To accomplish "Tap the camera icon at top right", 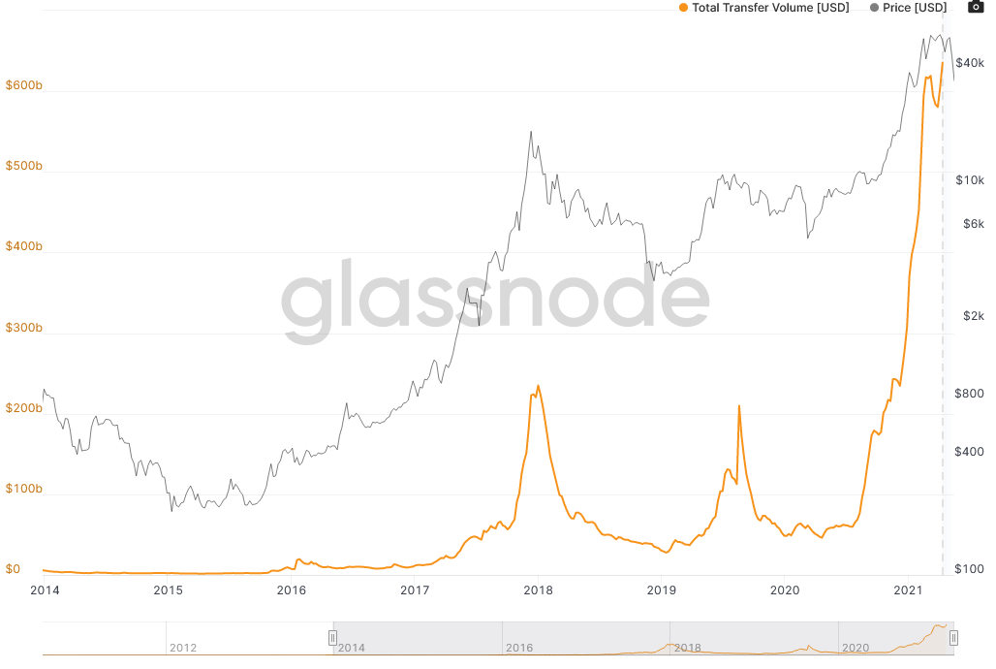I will [977, 8].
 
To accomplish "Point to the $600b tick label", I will [23, 85].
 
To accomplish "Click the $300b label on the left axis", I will [23, 328].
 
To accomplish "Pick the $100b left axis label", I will [23, 489].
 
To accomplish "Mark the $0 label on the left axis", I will [13, 569].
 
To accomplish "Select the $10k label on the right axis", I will [970, 180].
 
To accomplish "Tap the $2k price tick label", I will [973, 316].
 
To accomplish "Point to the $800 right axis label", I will [970, 394].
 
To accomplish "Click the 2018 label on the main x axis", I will [538, 589].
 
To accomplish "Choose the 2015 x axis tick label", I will [168, 589].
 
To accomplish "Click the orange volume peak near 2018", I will [538, 386].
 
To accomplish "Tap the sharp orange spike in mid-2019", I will [738, 406].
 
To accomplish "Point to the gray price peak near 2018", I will [531, 132].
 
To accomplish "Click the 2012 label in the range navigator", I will [183, 648].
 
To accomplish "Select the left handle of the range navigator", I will [332, 637].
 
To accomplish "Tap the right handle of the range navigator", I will [953, 637].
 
